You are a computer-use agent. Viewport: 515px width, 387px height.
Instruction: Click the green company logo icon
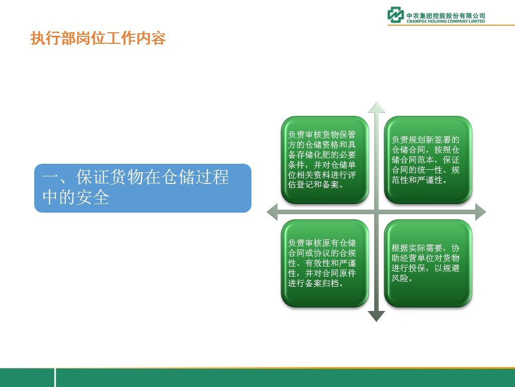395,15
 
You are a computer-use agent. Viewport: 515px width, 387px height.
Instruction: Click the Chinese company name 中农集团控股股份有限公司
446,16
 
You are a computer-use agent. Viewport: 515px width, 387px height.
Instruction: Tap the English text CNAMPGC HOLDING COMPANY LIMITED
446,21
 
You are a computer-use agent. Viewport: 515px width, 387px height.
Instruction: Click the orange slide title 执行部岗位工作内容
98,38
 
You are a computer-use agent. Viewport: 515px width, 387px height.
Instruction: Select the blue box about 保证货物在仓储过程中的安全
143,188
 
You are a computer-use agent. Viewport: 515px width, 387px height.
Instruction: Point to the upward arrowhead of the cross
376,107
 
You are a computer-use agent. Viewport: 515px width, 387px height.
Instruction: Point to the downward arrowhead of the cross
376,316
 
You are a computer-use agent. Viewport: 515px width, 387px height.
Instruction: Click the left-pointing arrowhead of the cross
272,212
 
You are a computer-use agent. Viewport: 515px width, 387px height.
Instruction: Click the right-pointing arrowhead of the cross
480,212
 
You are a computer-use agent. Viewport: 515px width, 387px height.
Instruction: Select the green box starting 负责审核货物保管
325,160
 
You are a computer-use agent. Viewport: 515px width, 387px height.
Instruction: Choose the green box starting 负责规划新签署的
428,160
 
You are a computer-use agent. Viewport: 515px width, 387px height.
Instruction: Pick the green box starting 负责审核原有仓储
325,263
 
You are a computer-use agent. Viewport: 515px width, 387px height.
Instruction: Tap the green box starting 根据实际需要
428,263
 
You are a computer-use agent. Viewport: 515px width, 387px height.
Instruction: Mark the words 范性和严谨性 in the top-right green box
417,180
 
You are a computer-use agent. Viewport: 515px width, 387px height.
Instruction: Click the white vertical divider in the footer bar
55,377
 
